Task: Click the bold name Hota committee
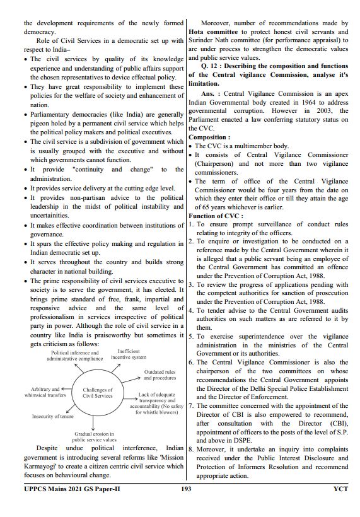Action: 212,32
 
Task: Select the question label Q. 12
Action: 211,66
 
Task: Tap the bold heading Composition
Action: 209,137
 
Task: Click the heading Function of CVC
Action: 216,216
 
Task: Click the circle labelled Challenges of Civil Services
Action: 98,393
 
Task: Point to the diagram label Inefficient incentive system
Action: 129,354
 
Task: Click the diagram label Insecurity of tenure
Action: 53,417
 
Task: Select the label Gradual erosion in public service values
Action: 95,437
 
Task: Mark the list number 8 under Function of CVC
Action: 191,450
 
